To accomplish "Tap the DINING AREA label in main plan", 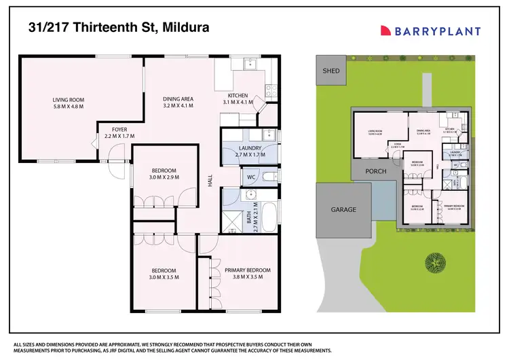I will click(x=178, y=102).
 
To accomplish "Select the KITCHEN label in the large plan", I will click(x=238, y=98).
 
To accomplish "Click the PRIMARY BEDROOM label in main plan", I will click(x=247, y=274).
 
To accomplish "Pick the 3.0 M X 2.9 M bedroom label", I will click(x=163, y=174).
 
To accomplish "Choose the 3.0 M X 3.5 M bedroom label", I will click(x=163, y=274).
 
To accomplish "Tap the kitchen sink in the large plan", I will click(x=248, y=65).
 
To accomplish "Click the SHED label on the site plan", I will click(x=331, y=70).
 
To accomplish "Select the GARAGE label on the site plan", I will click(x=343, y=209).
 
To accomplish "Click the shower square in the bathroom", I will click(x=233, y=219).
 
